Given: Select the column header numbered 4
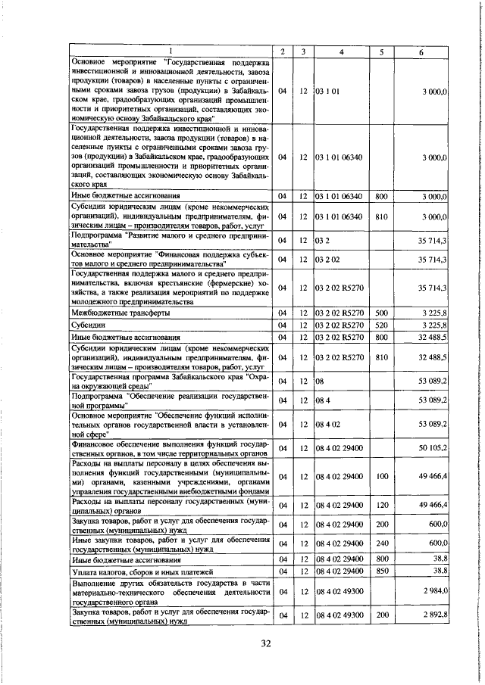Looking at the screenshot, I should pos(342,51).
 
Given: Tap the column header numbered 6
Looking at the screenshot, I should pos(422,51).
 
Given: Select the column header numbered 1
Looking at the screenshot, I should pos(170,51).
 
